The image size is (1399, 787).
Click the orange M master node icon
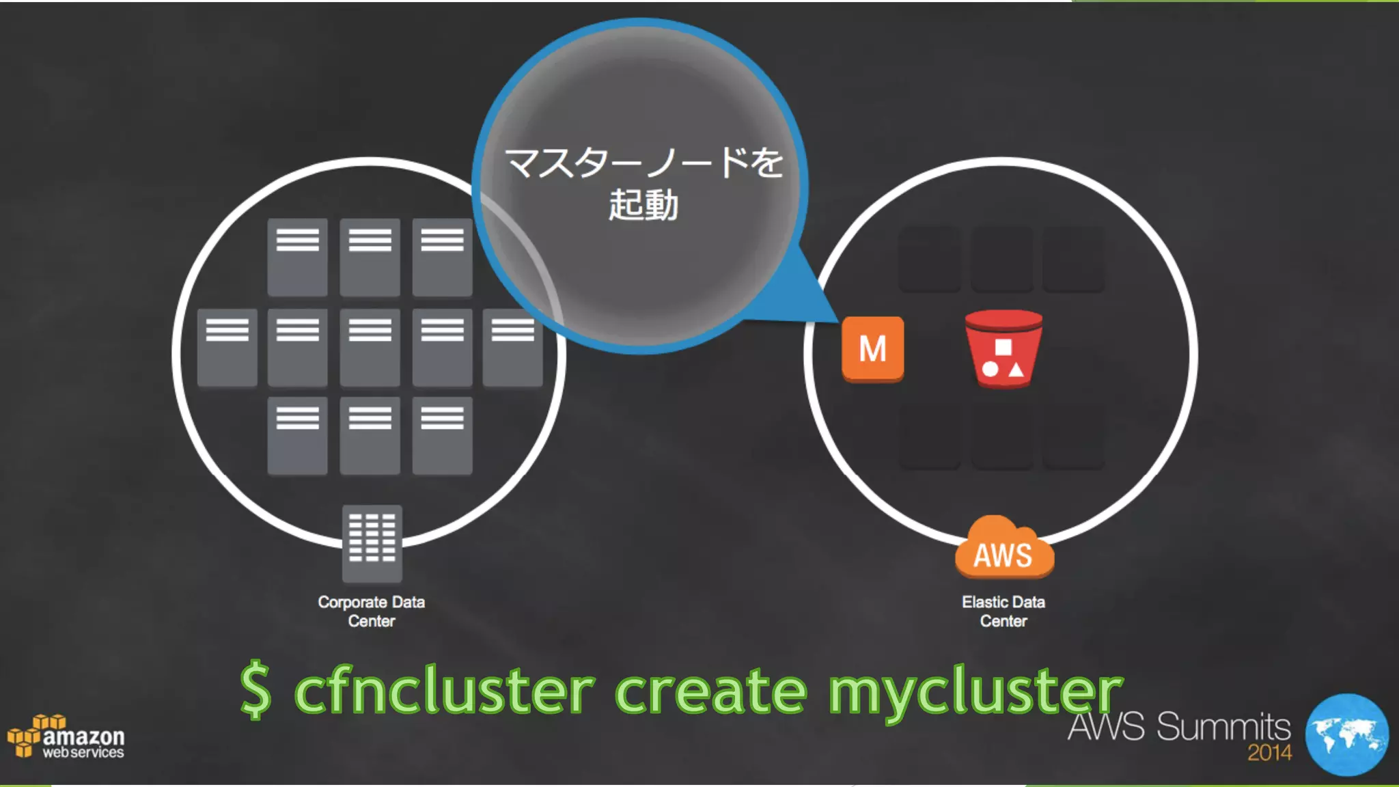[872, 348]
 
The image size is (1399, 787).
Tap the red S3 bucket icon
[1003, 348]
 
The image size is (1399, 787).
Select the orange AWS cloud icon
[1003, 549]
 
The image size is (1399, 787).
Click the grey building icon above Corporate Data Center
[372, 542]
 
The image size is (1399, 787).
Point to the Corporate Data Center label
[371, 611]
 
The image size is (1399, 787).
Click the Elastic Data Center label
[1003, 611]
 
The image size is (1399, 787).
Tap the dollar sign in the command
[256, 690]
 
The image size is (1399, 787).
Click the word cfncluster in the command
[444, 691]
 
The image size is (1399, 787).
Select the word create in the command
[710, 691]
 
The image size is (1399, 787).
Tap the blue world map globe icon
[1346, 735]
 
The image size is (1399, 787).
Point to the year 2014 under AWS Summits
[1269, 753]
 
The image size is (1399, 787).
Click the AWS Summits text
[1179, 726]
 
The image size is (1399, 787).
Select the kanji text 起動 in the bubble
[643, 205]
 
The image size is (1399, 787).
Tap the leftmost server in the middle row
[227, 347]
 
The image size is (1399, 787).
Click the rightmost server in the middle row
[512, 347]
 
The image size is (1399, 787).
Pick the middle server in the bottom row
[370, 435]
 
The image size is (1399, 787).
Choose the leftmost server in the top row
[297, 257]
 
